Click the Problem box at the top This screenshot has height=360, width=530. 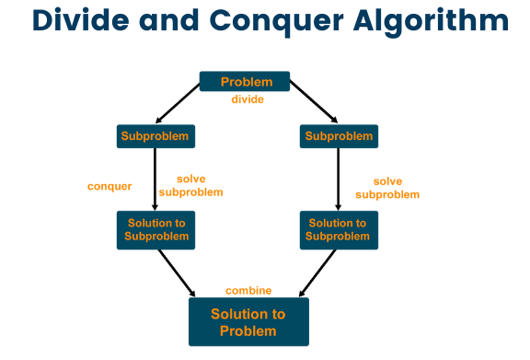[245, 82]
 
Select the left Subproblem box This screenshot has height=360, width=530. [155, 136]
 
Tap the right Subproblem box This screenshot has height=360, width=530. [339, 136]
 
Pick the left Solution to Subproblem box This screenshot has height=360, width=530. [155, 229]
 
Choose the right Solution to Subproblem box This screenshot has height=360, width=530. [338, 229]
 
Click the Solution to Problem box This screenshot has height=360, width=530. [248, 321]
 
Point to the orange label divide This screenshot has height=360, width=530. [248, 99]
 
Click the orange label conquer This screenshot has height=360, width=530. [109, 186]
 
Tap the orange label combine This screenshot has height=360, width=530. [248, 291]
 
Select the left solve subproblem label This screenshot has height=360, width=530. [190, 187]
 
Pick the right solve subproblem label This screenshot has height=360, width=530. [387, 188]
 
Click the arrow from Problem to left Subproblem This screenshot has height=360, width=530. [178, 104]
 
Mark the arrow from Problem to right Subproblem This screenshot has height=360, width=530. [314, 104]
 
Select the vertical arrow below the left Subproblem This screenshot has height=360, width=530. [155, 180]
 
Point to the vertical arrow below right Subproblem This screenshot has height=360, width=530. [339, 180]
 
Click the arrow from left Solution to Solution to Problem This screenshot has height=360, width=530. [176, 273]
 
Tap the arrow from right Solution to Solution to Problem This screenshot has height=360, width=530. [317, 273]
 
